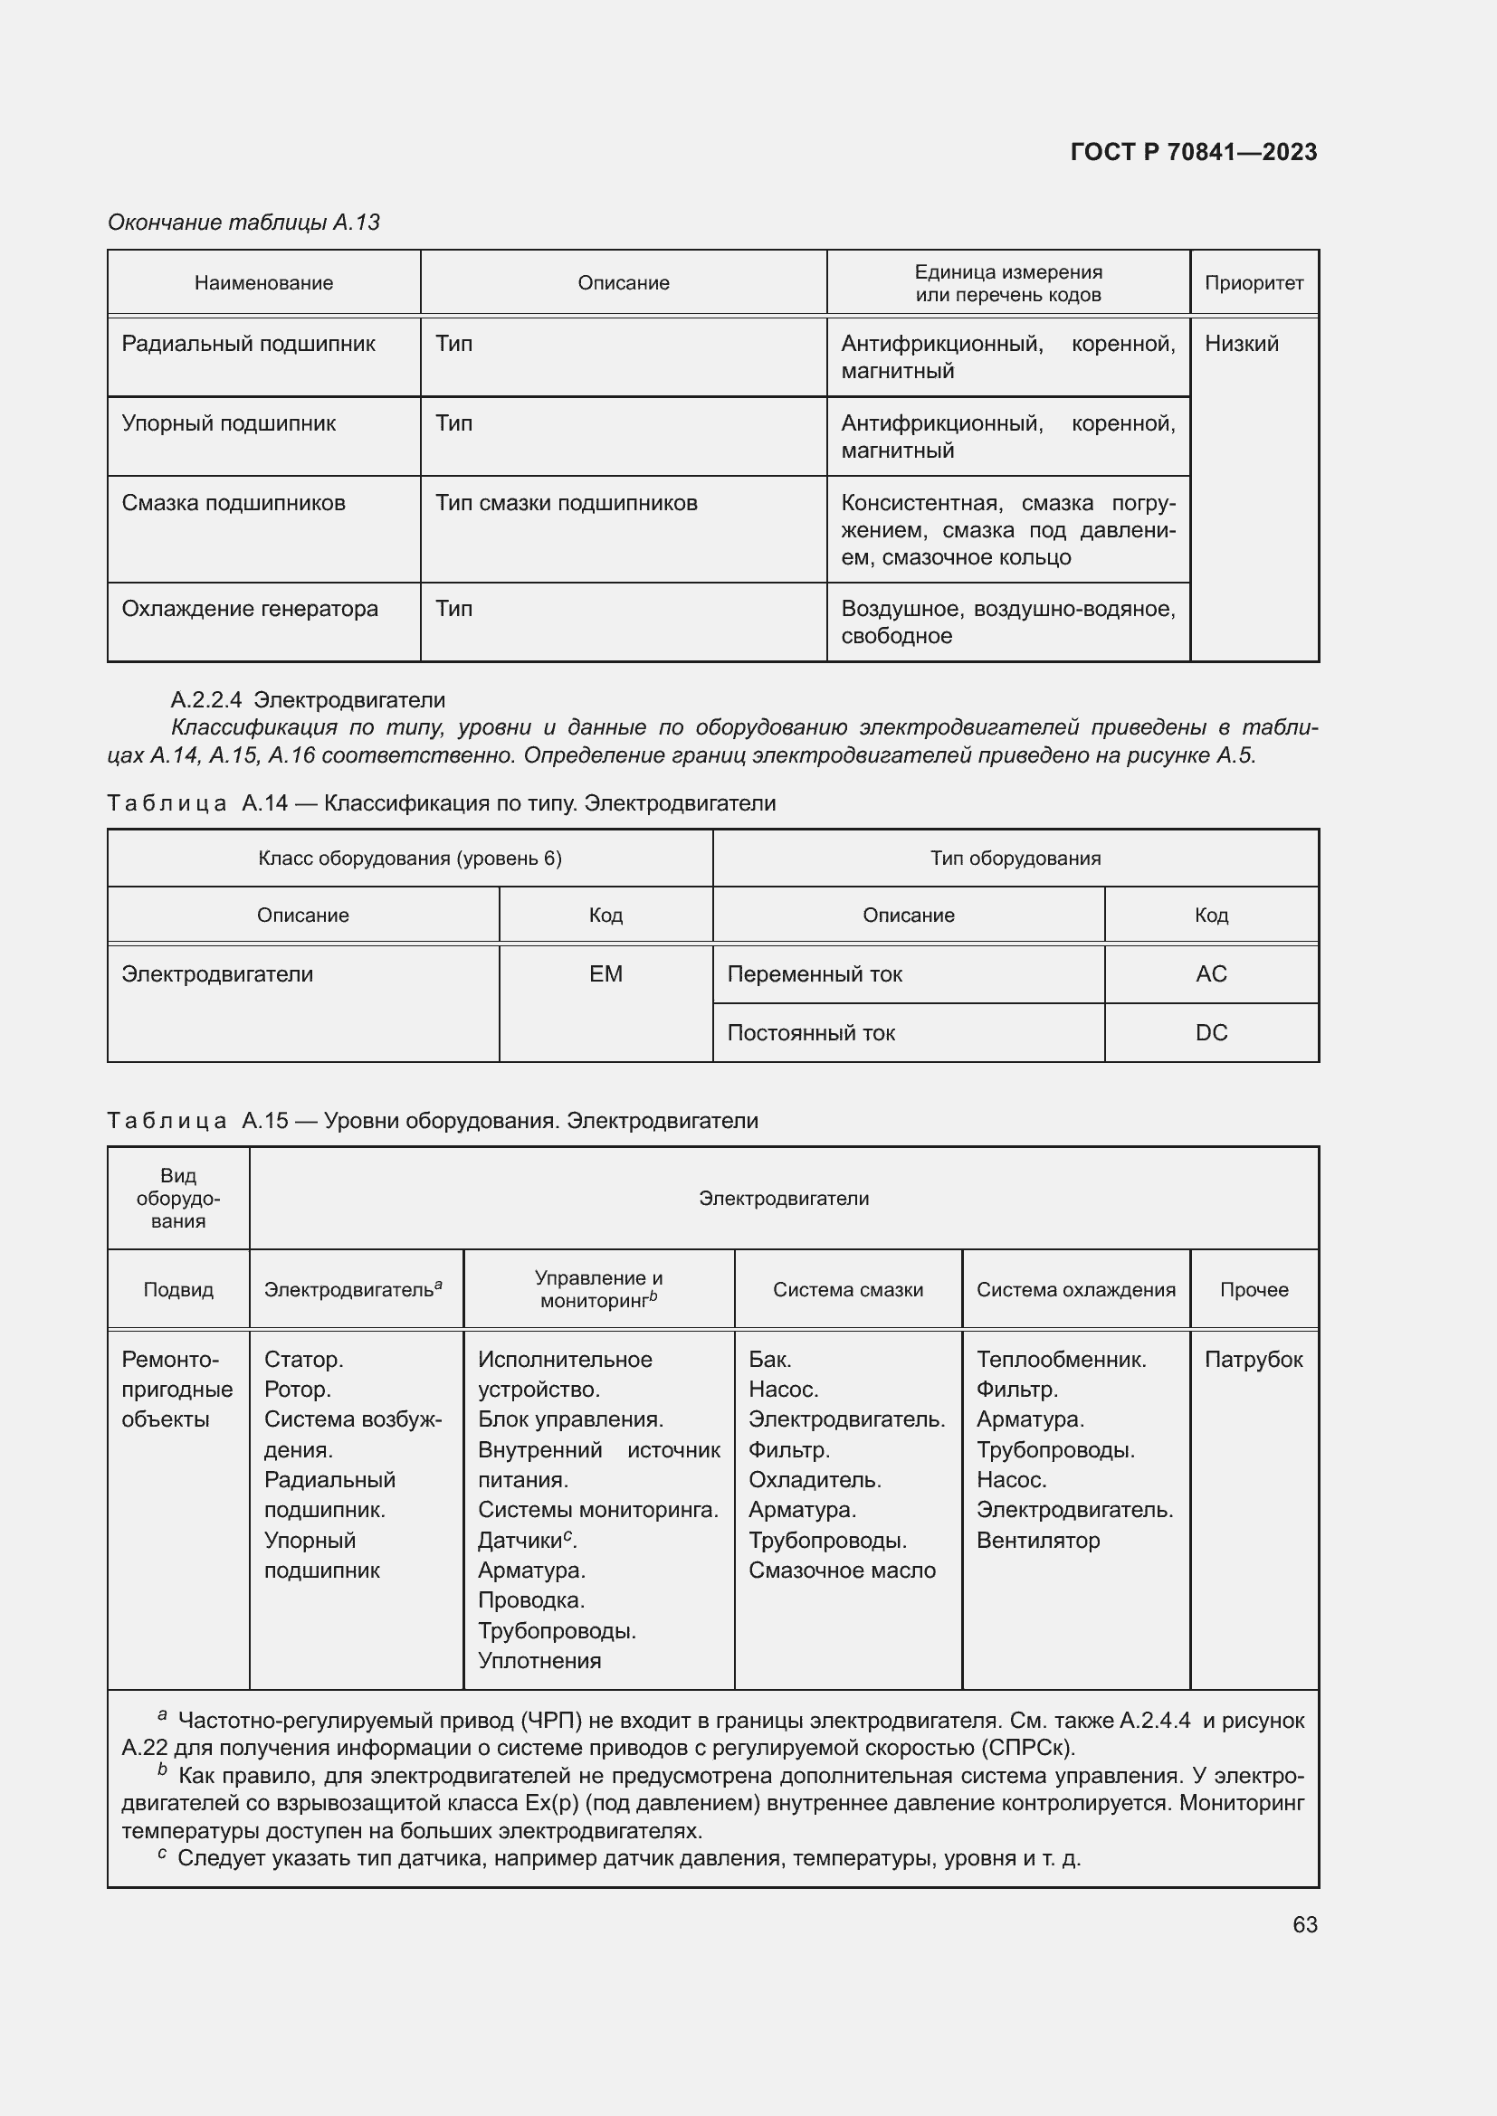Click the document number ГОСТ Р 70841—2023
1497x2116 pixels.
(x=1193, y=152)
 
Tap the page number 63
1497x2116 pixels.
(x=1304, y=1924)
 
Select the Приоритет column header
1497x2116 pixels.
(x=1254, y=283)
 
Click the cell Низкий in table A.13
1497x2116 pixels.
(x=1242, y=344)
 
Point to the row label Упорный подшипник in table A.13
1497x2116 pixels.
(x=229, y=423)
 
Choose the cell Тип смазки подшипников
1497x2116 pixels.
(x=566, y=503)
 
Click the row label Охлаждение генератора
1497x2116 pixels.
(x=250, y=608)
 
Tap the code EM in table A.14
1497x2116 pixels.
(x=605, y=974)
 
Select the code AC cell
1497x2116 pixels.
(x=1210, y=974)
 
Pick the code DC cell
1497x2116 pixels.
(x=1210, y=1032)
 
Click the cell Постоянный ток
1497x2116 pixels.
(x=811, y=1033)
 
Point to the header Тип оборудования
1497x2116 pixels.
(x=1015, y=858)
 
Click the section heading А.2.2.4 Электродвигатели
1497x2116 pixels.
(x=308, y=699)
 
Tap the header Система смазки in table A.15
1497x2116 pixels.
(x=847, y=1289)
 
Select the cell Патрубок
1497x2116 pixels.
(x=1253, y=1360)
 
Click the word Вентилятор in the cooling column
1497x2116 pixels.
(x=1038, y=1540)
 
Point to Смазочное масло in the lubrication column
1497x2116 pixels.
(x=842, y=1570)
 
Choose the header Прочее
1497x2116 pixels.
(x=1254, y=1289)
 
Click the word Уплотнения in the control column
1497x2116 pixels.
(x=539, y=1661)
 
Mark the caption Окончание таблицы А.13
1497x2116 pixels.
(x=244, y=223)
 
